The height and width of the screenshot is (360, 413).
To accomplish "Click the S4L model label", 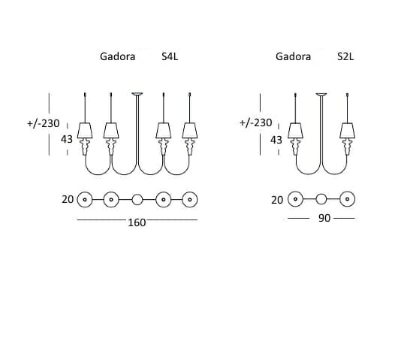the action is pos(170,56).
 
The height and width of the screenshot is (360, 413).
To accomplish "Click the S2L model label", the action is pos(345,56).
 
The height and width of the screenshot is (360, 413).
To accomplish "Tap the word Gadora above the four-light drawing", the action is pos(117,56).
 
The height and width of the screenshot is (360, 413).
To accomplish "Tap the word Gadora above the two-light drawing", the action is pos(293,56).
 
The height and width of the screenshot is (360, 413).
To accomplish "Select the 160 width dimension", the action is pos(137,222).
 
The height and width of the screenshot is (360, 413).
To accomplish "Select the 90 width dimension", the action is pos(324,218).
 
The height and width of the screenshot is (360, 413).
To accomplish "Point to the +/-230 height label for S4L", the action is pos(44,123).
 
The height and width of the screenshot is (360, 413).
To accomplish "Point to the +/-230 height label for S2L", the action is pos(256,123).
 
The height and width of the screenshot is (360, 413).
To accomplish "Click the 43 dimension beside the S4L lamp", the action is pos(67,139).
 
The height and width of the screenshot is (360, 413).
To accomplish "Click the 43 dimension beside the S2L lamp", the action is pos(276,140).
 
